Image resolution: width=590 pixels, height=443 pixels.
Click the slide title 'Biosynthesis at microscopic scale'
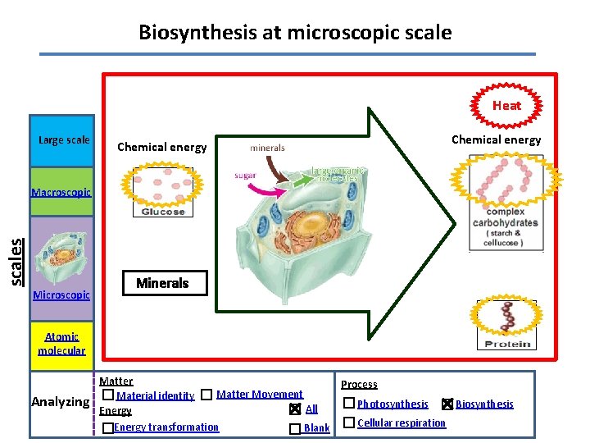pyautogui.click(x=295, y=33)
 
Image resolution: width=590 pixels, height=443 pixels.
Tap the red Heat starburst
pyautogui.click(x=506, y=105)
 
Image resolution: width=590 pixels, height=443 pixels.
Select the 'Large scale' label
pyautogui.click(x=64, y=139)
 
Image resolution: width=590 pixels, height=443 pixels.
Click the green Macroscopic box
pyautogui.click(x=61, y=193)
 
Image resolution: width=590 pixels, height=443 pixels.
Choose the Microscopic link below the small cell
pyautogui.click(x=61, y=295)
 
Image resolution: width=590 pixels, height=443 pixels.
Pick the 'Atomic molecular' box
pyautogui.click(x=61, y=344)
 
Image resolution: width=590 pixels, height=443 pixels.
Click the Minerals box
pyautogui.click(x=162, y=283)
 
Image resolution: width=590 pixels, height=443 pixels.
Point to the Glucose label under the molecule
pyautogui.click(x=163, y=211)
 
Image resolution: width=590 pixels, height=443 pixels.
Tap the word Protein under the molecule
pyautogui.click(x=508, y=344)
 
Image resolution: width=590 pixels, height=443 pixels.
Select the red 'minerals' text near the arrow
pyautogui.click(x=267, y=148)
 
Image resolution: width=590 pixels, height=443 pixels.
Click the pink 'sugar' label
pyautogui.click(x=245, y=176)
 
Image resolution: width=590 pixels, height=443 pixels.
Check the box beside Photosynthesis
pyautogui.click(x=349, y=403)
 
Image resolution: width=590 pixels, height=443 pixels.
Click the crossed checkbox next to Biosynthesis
pyautogui.click(x=447, y=404)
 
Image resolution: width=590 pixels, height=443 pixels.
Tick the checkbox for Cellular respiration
pyautogui.click(x=349, y=422)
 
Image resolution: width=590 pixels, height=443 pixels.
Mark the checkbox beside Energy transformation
pyautogui.click(x=108, y=428)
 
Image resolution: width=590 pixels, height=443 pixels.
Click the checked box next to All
pyautogui.click(x=295, y=409)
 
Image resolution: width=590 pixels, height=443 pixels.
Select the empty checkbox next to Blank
pyautogui.click(x=295, y=428)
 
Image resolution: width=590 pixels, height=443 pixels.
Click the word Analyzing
pyautogui.click(x=60, y=402)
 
